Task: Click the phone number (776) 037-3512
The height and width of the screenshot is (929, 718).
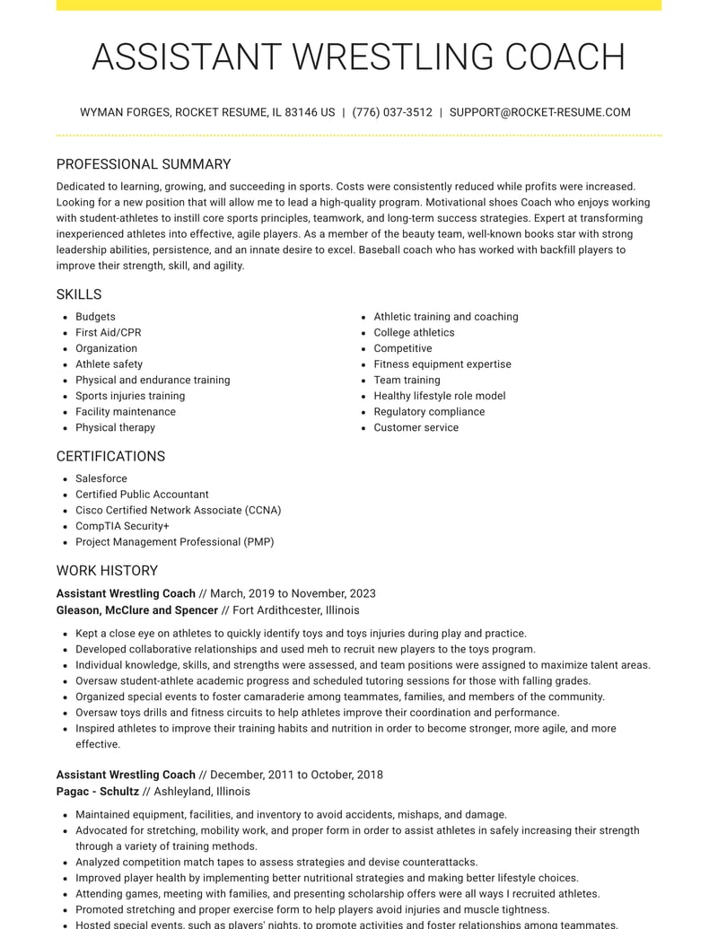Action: coord(392,113)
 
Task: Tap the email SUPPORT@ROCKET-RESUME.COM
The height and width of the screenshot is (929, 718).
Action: coord(539,113)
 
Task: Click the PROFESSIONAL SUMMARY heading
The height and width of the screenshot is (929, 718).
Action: coord(144,164)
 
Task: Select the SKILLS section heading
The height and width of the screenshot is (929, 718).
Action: coord(79,294)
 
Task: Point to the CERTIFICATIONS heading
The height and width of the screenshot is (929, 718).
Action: coord(110,456)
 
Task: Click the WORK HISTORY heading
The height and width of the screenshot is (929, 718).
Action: coord(107,571)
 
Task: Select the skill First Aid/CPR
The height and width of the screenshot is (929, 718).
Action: coord(108,333)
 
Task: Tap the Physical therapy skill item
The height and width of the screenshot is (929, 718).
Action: coord(115,428)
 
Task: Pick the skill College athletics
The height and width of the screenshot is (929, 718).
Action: coord(414,333)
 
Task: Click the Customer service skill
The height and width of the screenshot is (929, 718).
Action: coord(416,428)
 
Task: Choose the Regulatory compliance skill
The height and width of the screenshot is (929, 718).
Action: coord(429,412)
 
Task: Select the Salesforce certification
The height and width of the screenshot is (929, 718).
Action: coord(101,479)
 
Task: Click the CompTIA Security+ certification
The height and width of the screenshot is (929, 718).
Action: coord(122,527)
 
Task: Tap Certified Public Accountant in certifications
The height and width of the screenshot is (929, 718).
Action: coord(142,495)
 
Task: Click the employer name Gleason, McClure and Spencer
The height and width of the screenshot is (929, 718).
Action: coord(137,610)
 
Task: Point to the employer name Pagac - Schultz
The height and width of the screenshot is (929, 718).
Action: coord(98,792)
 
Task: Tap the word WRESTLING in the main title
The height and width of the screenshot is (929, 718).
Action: coord(394,57)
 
